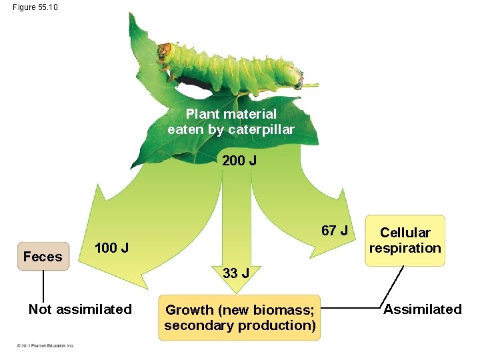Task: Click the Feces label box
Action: [x=43, y=257]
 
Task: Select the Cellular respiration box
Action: [x=405, y=241]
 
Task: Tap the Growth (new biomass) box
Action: [x=239, y=317]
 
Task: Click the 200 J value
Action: [x=239, y=161]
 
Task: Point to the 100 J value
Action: [x=111, y=249]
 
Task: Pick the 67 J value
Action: [x=334, y=231]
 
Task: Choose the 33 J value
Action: [x=237, y=273]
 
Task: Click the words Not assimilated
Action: [x=80, y=309]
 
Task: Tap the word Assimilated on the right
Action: [x=423, y=309]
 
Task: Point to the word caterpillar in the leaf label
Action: [x=261, y=130]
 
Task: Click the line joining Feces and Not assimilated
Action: [x=43, y=287]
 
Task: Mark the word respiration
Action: [x=405, y=248]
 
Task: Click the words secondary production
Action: [x=240, y=325]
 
